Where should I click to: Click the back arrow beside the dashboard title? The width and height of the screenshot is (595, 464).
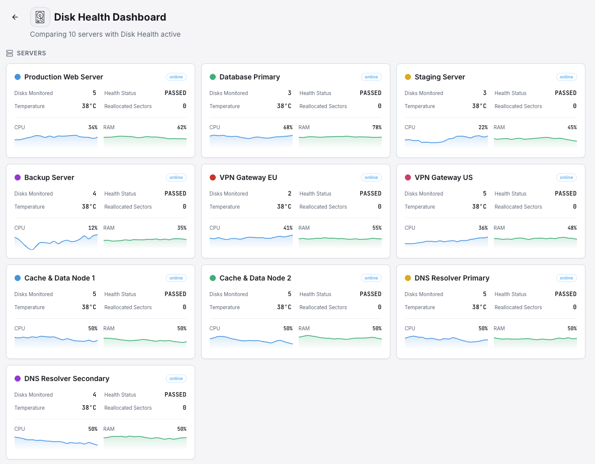coord(15,17)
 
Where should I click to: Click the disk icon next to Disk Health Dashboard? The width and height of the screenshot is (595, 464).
coord(40,17)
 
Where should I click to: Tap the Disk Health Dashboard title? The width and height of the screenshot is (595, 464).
coord(110,17)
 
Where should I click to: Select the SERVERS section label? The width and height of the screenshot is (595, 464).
coord(31,53)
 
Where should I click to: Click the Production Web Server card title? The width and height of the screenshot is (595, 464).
coord(63,77)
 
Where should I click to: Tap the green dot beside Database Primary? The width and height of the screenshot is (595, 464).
coord(213,77)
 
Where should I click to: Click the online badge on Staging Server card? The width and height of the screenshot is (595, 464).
coord(566,77)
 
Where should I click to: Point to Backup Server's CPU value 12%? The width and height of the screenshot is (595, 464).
coord(93,228)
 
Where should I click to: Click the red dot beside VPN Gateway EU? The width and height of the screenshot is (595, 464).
coord(213,177)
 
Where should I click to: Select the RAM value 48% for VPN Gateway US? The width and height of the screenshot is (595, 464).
coord(572,228)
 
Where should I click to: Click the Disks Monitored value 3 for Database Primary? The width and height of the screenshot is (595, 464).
coord(290,93)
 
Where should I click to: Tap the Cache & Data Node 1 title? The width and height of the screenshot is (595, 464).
coord(59,278)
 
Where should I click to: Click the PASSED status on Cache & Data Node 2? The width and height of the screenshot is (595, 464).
coord(371,294)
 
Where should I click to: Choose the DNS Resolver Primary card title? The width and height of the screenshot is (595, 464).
coord(452,278)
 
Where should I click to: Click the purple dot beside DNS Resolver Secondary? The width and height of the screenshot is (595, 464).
coord(18,379)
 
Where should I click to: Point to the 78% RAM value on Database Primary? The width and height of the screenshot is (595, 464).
coord(377,127)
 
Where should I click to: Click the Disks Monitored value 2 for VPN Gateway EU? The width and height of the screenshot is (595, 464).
coord(290,194)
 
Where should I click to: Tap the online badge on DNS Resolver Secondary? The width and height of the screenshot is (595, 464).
coord(176,379)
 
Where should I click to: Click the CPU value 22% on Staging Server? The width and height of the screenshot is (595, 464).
coord(483,127)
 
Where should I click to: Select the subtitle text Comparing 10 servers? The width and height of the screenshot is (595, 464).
coord(105,34)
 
